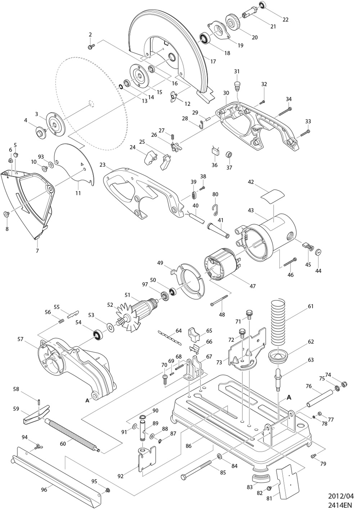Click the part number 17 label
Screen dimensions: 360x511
(213, 61)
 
